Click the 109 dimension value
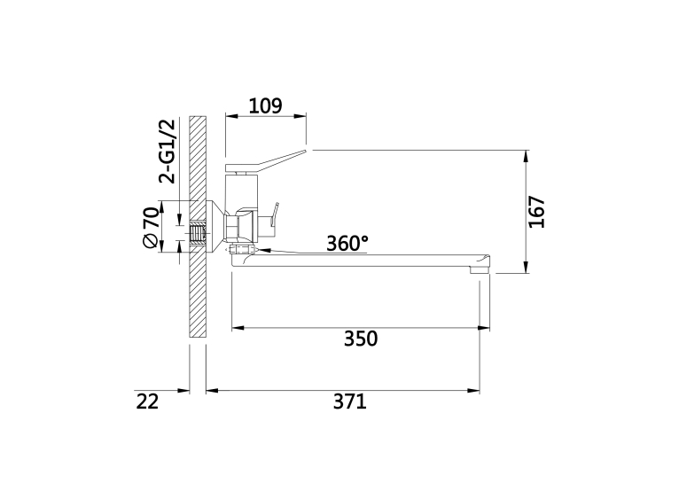265,105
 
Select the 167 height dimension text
536,212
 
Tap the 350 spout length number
361,339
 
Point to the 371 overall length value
350,401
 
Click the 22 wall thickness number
148,401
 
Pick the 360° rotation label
347,243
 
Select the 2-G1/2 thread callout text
168,151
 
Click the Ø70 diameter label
151,228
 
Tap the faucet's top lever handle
266,160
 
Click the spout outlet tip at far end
480,269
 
